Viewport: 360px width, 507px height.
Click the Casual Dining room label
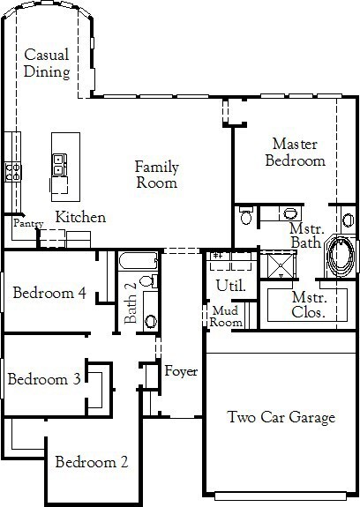click(47, 63)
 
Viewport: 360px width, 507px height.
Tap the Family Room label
click(157, 175)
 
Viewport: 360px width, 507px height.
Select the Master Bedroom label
click(296, 153)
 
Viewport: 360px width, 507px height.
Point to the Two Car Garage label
click(281, 417)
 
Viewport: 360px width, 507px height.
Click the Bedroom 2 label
click(92, 462)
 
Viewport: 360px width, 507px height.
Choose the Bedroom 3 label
click(44, 379)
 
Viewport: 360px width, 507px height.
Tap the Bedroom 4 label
click(49, 293)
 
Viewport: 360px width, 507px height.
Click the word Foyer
click(181, 371)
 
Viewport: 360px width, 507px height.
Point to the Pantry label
click(28, 223)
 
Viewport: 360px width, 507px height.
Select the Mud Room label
click(226, 317)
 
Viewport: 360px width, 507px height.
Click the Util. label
click(231, 285)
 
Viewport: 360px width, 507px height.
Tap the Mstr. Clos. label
click(309, 304)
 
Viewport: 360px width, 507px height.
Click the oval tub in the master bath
click(341, 257)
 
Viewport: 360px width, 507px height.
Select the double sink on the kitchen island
click(59, 165)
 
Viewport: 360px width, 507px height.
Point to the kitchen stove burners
click(13, 172)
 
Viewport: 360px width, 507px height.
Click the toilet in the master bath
click(246, 215)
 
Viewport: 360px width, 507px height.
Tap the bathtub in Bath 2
click(139, 261)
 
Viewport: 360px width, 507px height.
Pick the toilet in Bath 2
click(149, 280)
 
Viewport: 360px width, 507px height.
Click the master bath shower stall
click(281, 266)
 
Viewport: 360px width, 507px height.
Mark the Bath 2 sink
click(151, 322)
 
